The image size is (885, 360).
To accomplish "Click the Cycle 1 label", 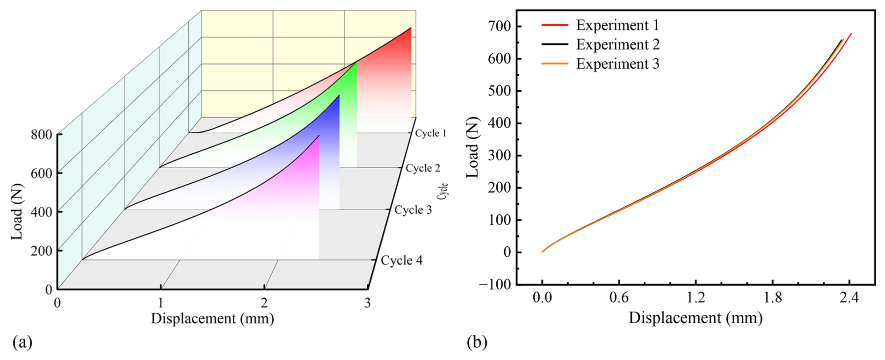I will (430, 133).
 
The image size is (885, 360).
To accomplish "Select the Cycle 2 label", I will (423, 168).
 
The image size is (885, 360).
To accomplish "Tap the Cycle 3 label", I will (413, 210).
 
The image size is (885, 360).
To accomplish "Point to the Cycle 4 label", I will (401, 260).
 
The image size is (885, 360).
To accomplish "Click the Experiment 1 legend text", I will (617, 25).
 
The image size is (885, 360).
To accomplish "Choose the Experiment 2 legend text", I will (617, 44).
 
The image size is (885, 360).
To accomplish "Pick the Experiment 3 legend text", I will (617, 64).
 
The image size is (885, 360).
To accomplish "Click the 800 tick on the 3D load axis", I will (41, 135).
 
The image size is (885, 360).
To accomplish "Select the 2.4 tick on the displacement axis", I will (849, 298).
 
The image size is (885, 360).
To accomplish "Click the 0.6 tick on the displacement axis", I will (619, 298).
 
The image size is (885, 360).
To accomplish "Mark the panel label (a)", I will (22, 343).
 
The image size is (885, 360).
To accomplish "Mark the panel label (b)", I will (477, 343).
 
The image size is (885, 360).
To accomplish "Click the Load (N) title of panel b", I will (473, 147).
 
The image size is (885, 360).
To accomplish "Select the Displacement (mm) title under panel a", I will (212, 319).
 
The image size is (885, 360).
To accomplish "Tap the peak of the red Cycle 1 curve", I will (411, 28).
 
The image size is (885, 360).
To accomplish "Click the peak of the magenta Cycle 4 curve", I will (319, 136).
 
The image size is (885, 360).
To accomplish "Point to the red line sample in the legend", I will (555, 25).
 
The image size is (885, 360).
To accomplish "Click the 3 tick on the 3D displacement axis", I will (368, 303).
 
